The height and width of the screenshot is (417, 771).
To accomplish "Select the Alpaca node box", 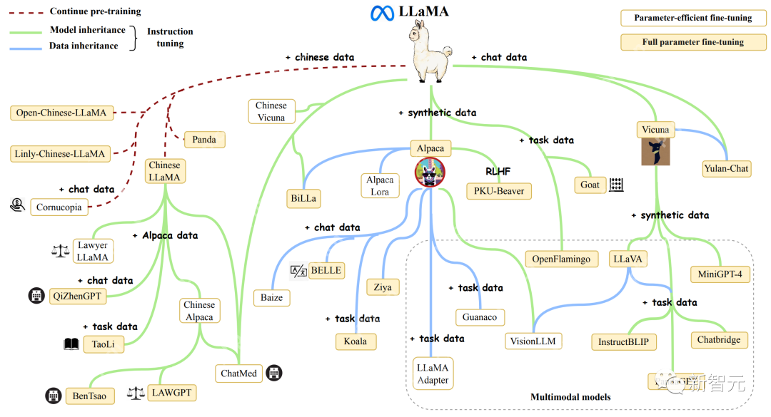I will click(x=430, y=149).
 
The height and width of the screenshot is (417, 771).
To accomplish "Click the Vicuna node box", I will click(x=655, y=130).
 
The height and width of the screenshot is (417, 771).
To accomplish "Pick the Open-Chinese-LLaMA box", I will click(x=61, y=113).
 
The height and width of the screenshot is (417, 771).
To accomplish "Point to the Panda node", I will click(x=204, y=140).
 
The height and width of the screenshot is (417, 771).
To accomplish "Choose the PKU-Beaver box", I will click(x=499, y=191).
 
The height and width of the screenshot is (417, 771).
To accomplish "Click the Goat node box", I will click(x=590, y=185).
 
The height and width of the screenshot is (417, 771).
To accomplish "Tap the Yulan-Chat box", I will click(x=725, y=169).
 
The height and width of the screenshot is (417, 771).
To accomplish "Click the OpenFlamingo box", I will click(x=561, y=259).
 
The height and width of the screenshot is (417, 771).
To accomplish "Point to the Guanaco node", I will click(x=480, y=317).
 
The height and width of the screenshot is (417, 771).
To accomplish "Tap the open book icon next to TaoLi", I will click(x=71, y=344).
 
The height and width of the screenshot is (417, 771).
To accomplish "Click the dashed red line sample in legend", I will click(x=26, y=12).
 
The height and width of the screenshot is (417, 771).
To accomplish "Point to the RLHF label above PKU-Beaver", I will click(x=499, y=171).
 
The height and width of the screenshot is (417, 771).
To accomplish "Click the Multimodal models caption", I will click(x=570, y=397).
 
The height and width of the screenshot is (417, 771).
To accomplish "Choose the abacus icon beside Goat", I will click(x=616, y=185).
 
